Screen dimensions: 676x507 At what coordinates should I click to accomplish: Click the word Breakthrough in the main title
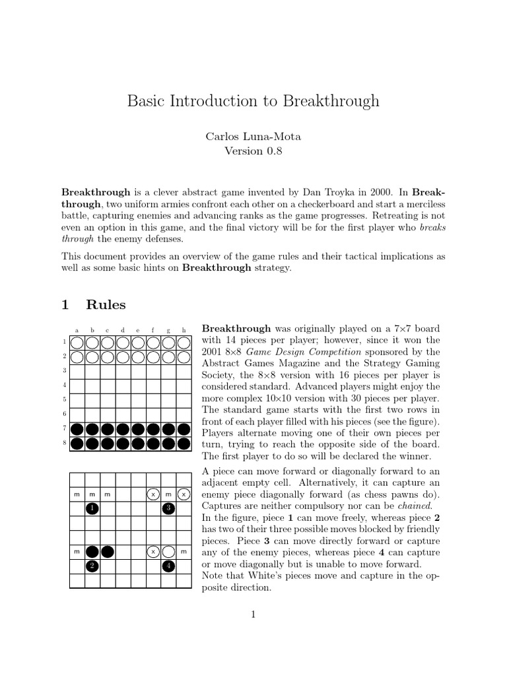331,101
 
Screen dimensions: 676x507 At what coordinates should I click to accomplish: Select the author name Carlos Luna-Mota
253,136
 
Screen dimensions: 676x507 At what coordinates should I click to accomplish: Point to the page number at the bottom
253,615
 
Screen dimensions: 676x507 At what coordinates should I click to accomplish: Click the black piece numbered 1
92,508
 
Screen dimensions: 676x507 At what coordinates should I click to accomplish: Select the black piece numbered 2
92,566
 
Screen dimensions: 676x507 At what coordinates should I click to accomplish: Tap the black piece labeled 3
168,508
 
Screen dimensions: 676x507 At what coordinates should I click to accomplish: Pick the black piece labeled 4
168,566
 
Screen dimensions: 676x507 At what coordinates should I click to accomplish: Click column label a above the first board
77,330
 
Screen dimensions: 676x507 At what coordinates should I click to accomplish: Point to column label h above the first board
183,330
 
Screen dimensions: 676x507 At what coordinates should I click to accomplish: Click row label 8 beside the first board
65,443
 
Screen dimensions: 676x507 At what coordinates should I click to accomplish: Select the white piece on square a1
77,342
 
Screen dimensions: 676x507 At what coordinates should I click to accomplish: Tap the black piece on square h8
183,443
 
